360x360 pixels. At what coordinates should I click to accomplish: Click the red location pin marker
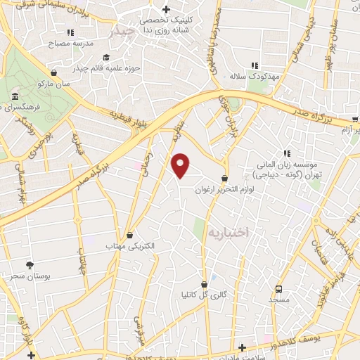click(x=181, y=165)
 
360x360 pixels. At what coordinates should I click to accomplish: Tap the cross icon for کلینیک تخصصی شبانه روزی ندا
click(x=165, y=10)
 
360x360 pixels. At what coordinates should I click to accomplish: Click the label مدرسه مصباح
click(x=70, y=44)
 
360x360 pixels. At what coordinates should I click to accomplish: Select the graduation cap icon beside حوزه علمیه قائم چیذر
click(x=105, y=58)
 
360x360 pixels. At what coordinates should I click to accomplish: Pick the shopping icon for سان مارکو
click(x=54, y=72)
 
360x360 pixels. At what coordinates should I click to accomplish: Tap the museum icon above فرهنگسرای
click(x=14, y=95)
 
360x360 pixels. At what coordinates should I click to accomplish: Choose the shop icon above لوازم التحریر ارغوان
click(x=224, y=178)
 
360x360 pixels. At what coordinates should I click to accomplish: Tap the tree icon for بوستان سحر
click(x=30, y=264)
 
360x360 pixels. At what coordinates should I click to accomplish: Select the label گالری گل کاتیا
click(x=205, y=295)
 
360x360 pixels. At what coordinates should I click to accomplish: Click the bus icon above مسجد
click(x=279, y=288)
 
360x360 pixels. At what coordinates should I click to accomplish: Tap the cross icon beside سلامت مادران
click(x=243, y=347)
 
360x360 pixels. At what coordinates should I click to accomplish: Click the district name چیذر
click(x=125, y=32)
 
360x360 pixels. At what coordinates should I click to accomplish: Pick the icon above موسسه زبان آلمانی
click(x=287, y=153)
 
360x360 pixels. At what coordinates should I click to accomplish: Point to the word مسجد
click(x=278, y=300)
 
